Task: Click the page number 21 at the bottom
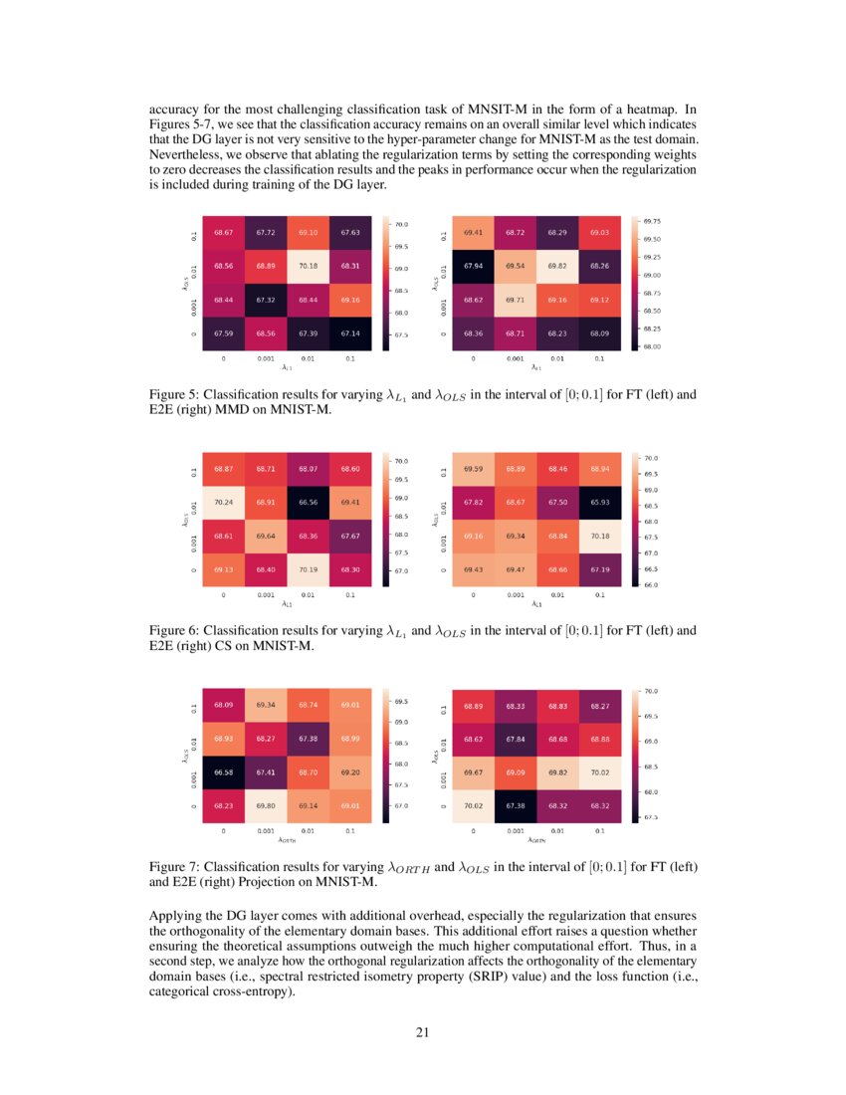click(x=422, y=1031)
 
